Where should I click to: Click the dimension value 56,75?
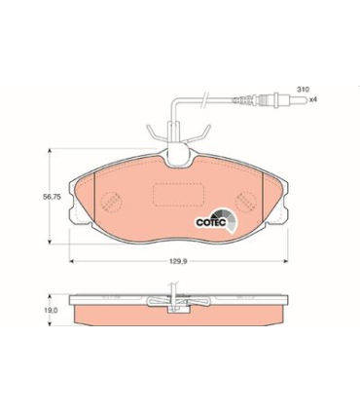click(x=52, y=197)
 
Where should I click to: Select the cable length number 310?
click(x=304, y=89)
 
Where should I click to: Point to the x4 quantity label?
click(x=312, y=99)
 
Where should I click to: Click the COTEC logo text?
click(x=210, y=223)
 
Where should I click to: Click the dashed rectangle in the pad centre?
click(x=178, y=195)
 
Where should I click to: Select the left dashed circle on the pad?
click(x=112, y=202)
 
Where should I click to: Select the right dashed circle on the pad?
click(x=246, y=202)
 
